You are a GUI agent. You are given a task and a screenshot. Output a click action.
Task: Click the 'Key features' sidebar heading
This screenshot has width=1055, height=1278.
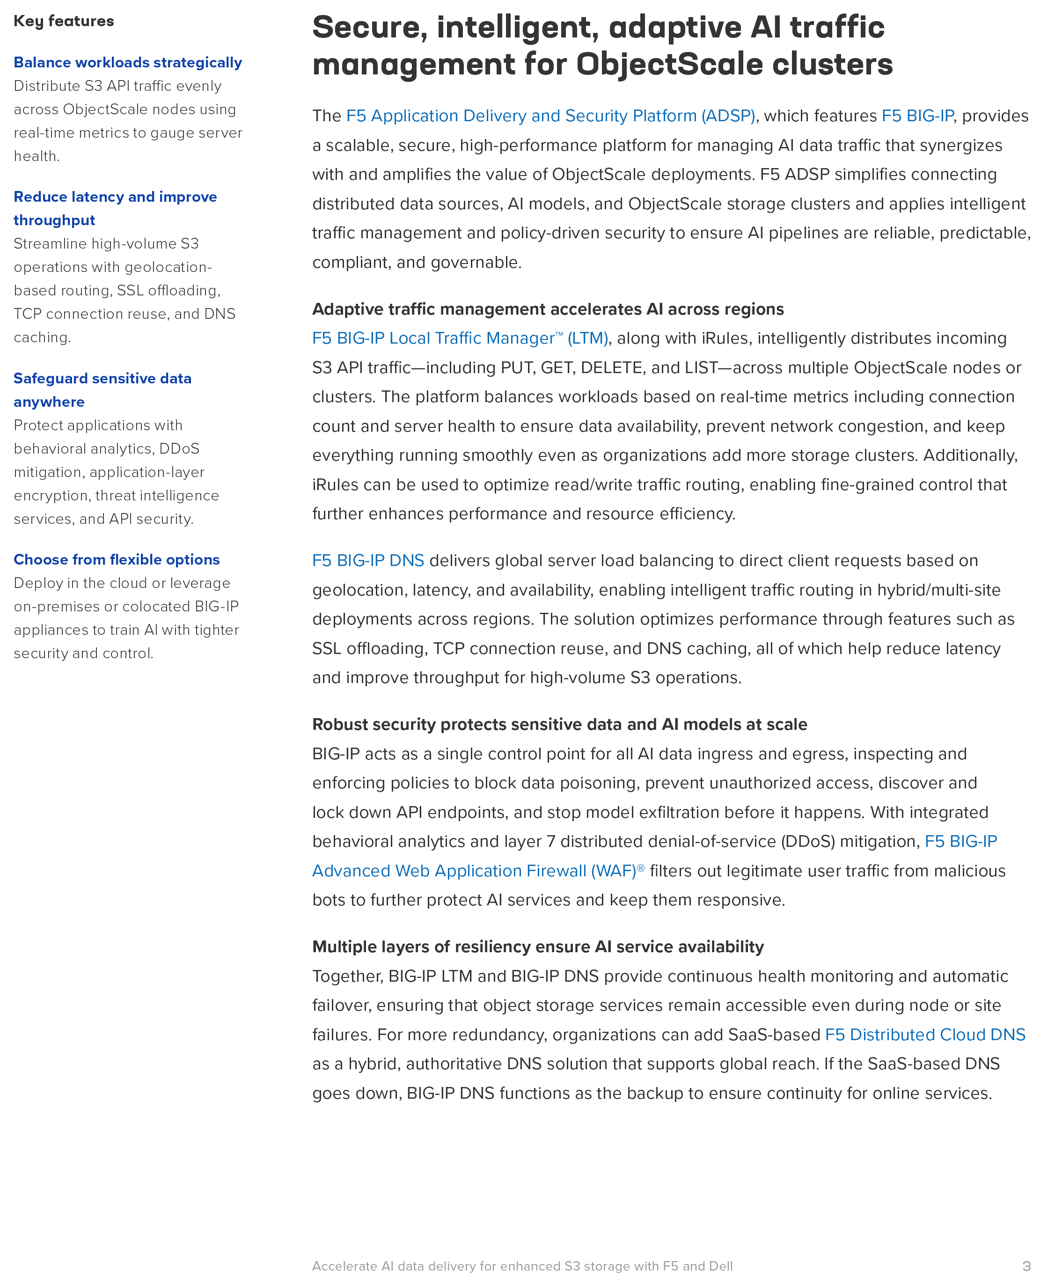coord(64,21)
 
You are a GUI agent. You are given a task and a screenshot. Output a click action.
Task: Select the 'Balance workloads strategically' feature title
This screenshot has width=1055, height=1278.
coord(128,63)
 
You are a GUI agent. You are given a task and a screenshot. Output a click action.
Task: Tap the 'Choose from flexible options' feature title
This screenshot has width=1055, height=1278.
coord(117,560)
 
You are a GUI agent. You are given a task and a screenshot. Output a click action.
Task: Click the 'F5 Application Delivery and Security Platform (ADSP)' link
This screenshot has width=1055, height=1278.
coord(550,116)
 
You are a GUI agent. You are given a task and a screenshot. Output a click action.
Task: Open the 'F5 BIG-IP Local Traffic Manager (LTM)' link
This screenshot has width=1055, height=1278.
coord(460,338)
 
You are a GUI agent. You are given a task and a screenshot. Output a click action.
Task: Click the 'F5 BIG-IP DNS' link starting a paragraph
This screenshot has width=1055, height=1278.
coord(368,560)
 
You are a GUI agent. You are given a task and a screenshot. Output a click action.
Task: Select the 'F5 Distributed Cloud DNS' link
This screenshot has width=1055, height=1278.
coord(925,1035)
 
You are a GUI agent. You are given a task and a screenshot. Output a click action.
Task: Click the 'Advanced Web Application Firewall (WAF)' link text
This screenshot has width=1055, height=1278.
coord(474,871)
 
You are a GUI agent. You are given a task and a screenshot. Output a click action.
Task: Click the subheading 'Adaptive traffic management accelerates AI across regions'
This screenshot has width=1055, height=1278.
coord(548,309)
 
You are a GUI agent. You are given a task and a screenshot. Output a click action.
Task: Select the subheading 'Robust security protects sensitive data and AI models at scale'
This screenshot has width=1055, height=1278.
coord(559,724)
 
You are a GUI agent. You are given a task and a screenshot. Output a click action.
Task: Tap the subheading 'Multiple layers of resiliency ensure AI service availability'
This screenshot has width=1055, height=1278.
coord(538,947)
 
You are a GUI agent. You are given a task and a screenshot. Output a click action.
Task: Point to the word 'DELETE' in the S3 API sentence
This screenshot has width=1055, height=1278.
coord(613,367)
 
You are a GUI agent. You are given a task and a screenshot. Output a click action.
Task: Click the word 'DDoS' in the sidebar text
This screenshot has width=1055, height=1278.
coord(179,448)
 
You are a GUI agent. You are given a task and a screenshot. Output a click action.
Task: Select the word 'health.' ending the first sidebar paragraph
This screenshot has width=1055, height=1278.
coord(37,156)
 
